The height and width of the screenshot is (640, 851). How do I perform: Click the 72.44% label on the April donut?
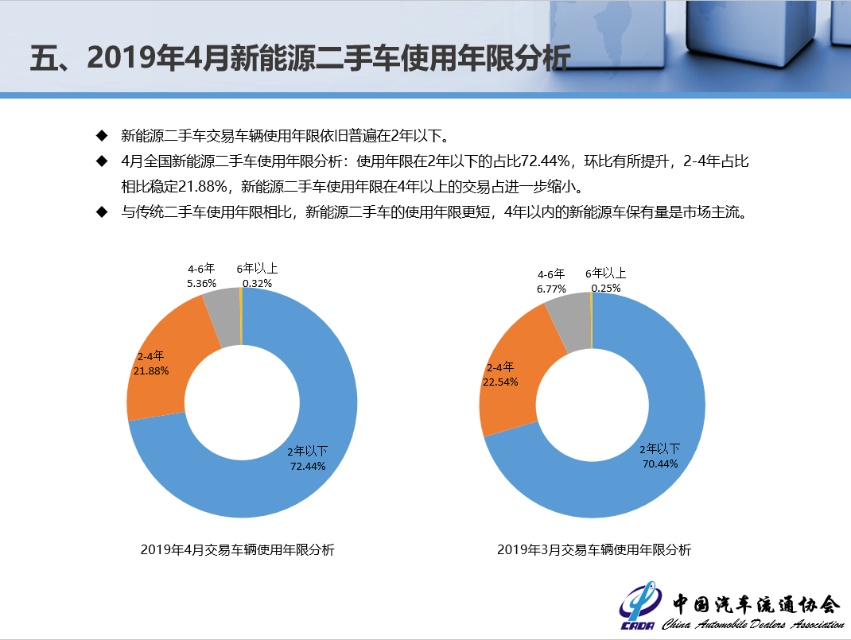point(308,467)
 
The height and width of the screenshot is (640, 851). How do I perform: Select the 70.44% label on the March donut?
point(660,464)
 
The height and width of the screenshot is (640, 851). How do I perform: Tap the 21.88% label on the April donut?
point(152,371)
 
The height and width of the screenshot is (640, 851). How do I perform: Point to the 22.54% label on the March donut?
point(500,382)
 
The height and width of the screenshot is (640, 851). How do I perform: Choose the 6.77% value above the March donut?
point(550,289)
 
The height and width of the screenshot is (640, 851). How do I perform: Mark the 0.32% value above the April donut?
point(258,283)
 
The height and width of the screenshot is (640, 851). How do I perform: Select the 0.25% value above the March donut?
point(606,289)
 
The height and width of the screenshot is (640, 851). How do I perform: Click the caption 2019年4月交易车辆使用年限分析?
point(237,549)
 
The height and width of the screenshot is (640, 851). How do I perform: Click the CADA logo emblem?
point(640,608)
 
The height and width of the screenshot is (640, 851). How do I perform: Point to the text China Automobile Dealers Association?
point(752,623)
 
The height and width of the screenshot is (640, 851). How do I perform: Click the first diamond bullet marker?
point(101,134)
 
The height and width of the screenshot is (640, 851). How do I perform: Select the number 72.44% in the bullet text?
point(546,161)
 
